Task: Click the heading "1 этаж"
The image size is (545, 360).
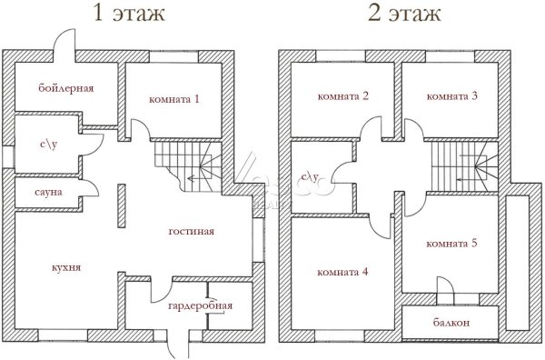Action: (x=129, y=14)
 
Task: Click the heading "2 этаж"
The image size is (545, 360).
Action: (x=404, y=14)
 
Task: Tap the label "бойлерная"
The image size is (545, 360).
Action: (x=66, y=88)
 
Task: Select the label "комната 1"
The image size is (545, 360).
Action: (x=174, y=99)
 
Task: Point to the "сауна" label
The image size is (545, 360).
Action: (x=48, y=192)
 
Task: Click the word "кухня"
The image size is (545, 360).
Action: (x=66, y=267)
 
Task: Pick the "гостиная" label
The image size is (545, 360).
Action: (x=191, y=231)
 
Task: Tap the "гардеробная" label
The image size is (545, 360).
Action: (x=200, y=305)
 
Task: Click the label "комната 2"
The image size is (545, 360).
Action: (x=343, y=96)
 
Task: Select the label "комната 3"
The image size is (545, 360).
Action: (x=451, y=96)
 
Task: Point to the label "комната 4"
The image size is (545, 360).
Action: (x=342, y=272)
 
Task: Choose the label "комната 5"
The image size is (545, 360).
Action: (x=451, y=244)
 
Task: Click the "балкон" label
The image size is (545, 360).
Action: (x=451, y=323)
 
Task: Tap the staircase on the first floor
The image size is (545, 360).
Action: (x=188, y=166)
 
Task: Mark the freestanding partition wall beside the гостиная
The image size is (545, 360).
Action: (x=122, y=205)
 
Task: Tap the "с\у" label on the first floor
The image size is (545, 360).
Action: (x=49, y=144)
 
